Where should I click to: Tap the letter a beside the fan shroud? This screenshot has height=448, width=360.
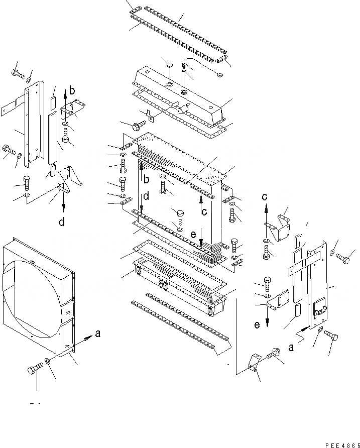pyautogui.click(x=98, y=334)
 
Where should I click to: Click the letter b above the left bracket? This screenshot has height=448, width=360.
pyautogui.click(x=72, y=91)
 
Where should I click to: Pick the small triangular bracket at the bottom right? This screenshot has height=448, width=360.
pyautogui.click(x=253, y=365)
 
